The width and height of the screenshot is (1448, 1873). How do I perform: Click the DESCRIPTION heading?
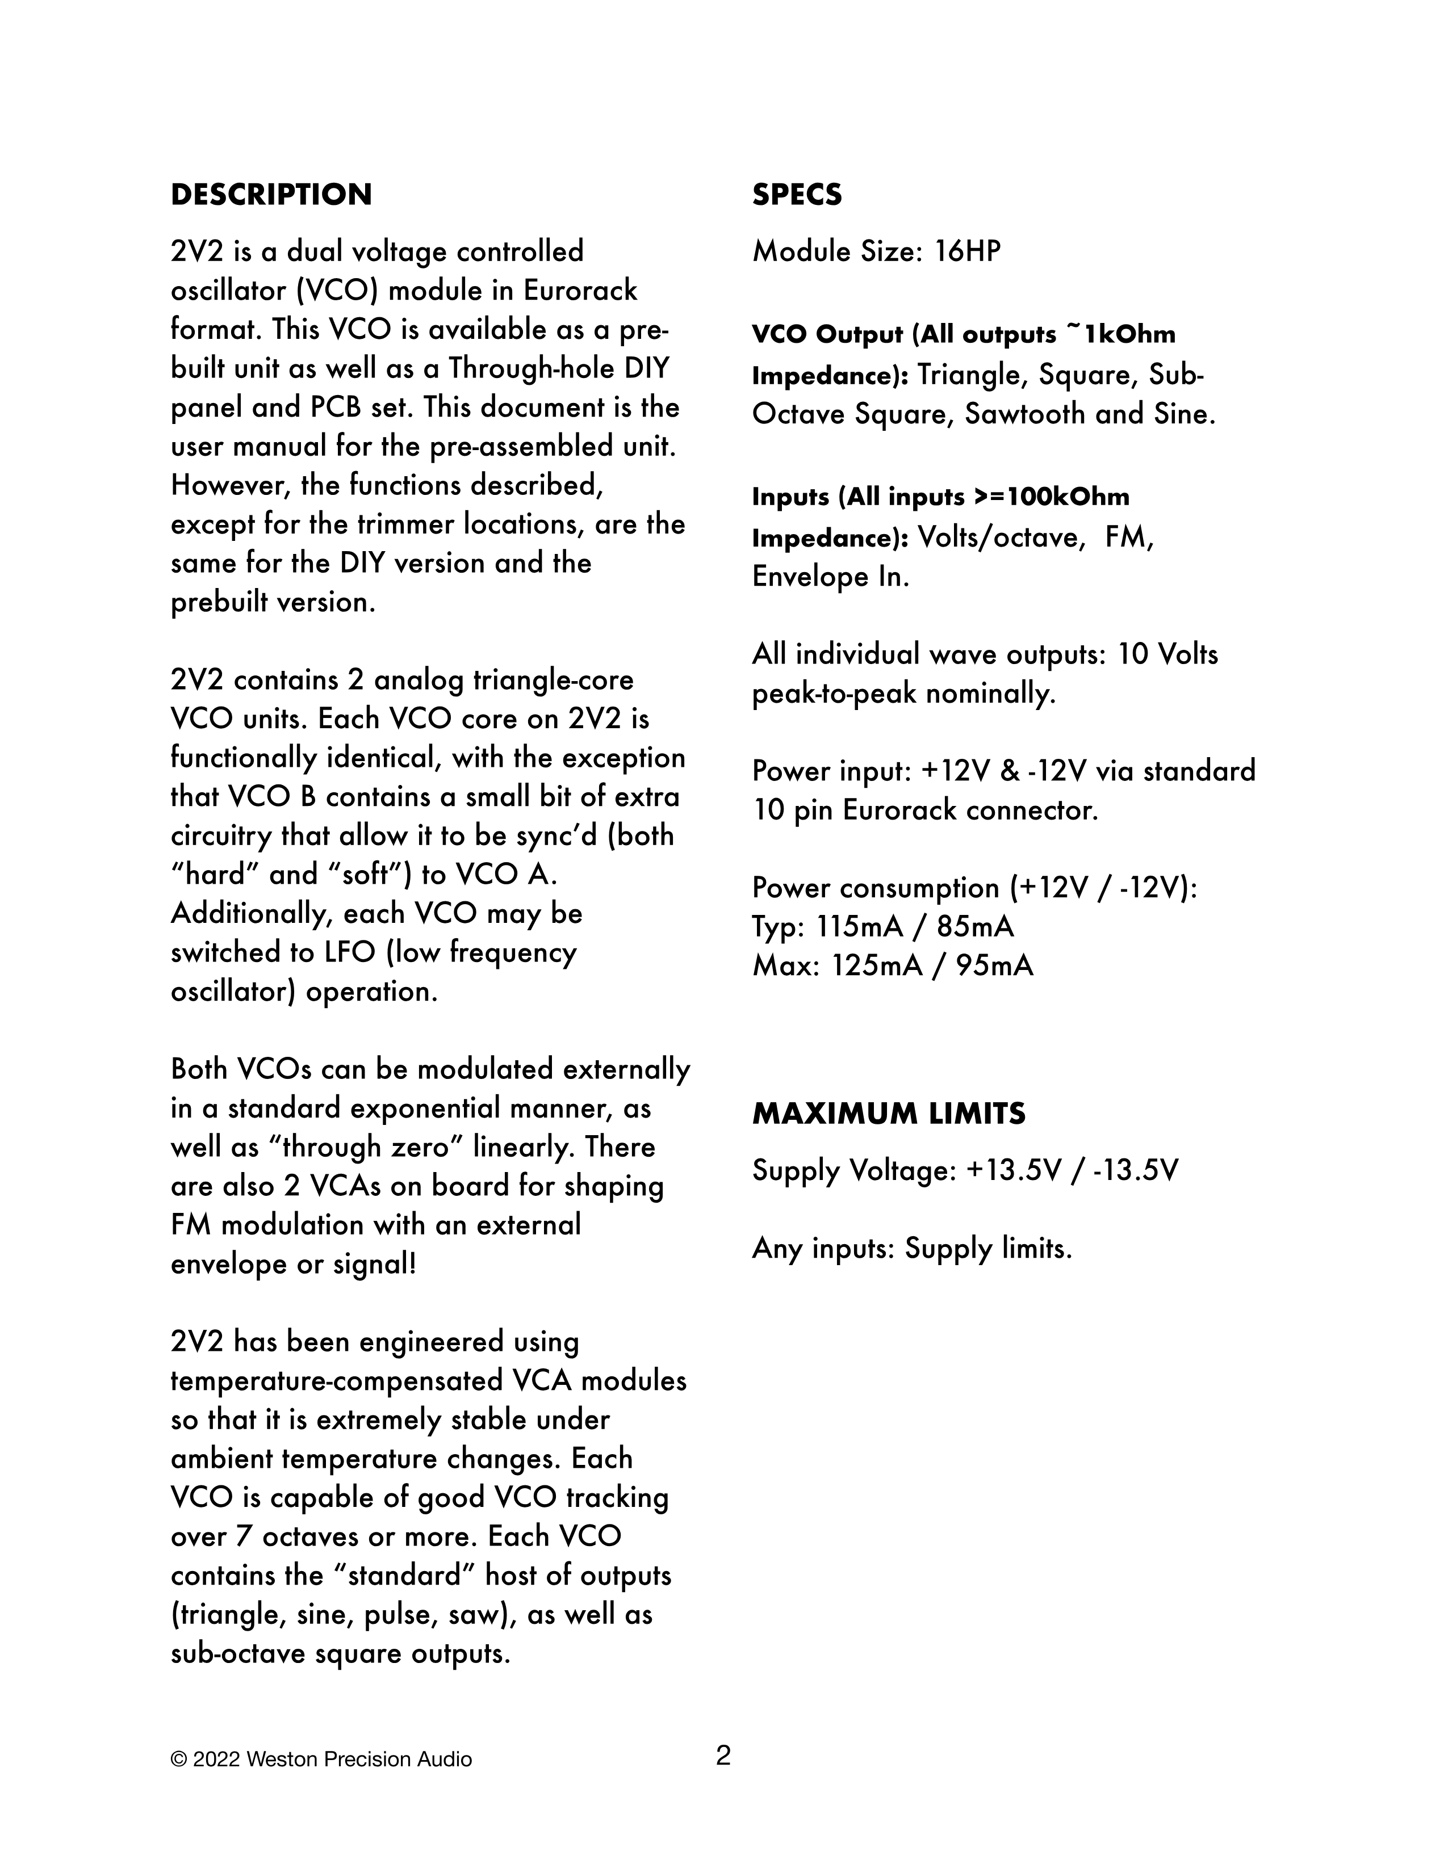(x=271, y=195)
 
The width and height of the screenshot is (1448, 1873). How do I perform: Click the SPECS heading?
(x=797, y=195)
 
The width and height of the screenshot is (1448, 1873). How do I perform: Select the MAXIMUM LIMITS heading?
(x=889, y=1113)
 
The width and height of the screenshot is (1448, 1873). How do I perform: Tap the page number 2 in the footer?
(x=723, y=1757)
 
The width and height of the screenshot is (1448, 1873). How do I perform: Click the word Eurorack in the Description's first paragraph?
(x=581, y=291)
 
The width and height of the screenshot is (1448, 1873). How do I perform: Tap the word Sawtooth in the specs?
(x=1025, y=414)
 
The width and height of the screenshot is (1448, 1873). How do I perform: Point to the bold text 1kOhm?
(x=1130, y=334)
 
